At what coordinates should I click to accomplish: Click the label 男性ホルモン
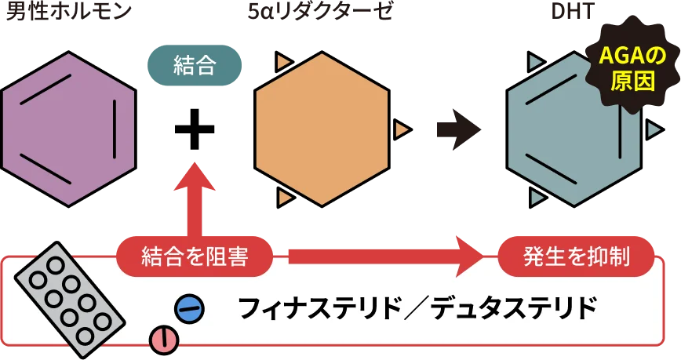pos(68,12)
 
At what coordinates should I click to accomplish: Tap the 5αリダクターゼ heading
pos(320,12)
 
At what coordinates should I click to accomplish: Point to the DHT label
pos(573,13)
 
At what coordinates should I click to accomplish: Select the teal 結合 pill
pos(195,65)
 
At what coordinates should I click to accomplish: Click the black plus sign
pos(195,129)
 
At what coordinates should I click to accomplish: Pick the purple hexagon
pos(68,129)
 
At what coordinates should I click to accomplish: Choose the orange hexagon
pos(322,129)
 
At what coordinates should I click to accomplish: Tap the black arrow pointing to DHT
pos(459,129)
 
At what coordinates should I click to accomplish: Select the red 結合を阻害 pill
pos(195,256)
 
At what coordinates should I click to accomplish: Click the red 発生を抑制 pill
pos(576,256)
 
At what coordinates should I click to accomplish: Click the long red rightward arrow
pos(386,256)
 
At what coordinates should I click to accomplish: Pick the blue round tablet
pos(189,309)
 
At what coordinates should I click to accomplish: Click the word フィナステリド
pos(319,309)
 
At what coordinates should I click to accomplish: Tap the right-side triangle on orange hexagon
pos(402,129)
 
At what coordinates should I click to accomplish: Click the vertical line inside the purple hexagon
pos(115,129)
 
